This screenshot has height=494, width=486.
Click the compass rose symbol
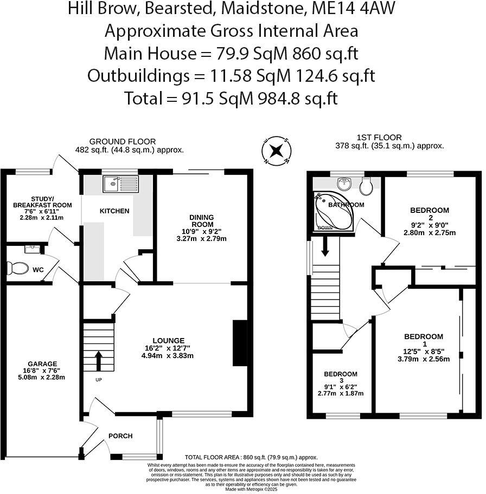coord(277,151)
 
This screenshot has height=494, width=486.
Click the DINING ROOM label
coord(201,220)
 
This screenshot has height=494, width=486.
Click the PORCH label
coord(120,435)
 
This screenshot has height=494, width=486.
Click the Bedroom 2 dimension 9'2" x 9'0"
coord(430,225)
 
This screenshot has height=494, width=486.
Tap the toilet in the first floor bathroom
coord(367,186)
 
